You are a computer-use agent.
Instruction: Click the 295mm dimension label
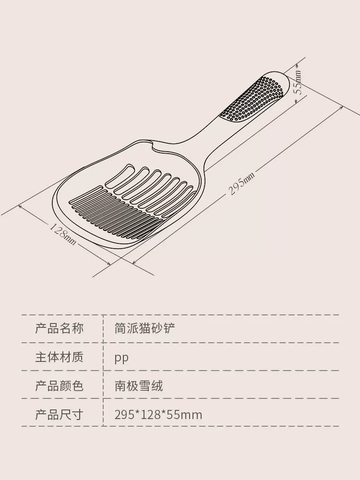[x=241, y=183]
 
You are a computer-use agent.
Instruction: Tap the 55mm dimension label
[x=298, y=83]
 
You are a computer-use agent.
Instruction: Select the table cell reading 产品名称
[x=59, y=328]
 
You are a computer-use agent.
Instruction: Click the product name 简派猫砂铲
[x=145, y=328]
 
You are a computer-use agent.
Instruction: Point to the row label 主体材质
[x=59, y=357]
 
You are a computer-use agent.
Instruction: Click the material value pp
[x=121, y=358]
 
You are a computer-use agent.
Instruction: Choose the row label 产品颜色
[x=59, y=385]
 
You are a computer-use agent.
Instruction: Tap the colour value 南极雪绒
[x=139, y=385]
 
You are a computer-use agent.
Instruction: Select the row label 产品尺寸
[x=59, y=415]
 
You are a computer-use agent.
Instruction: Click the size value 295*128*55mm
[x=158, y=415]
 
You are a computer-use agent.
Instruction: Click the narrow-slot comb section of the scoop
[x=116, y=211]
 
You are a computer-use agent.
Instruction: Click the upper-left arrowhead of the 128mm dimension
[x=21, y=206]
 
